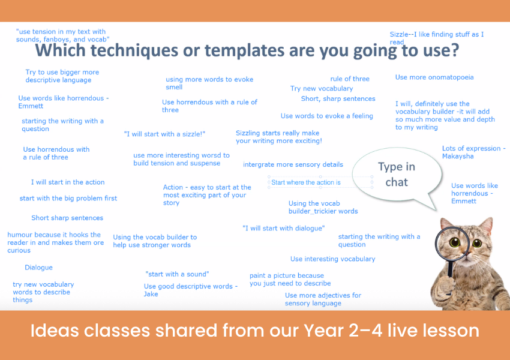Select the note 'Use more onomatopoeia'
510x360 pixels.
click(x=434, y=77)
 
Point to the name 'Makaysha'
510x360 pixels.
click(x=458, y=157)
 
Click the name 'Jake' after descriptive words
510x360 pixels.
click(x=151, y=294)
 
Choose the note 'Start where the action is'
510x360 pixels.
click(x=306, y=182)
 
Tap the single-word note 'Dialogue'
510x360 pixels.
click(x=39, y=268)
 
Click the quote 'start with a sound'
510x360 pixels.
click(x=177, y=274)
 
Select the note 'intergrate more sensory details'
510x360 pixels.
click(x=293, y=164)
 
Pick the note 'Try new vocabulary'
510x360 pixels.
click(x=322, y=88)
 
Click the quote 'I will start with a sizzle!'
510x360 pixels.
click(x=164, y=134)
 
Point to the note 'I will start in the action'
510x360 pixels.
click(x=68, y=182)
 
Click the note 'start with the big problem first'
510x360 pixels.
click(x=68, y=199)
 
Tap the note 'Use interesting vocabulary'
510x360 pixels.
click(x=333, y=259)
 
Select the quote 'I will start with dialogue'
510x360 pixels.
click(x=284, y=228)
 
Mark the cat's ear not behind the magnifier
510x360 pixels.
click(x=485, y=226)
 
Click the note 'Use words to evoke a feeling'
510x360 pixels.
click(x=326, y=116)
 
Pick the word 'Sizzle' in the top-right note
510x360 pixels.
click(x=399, y=34)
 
